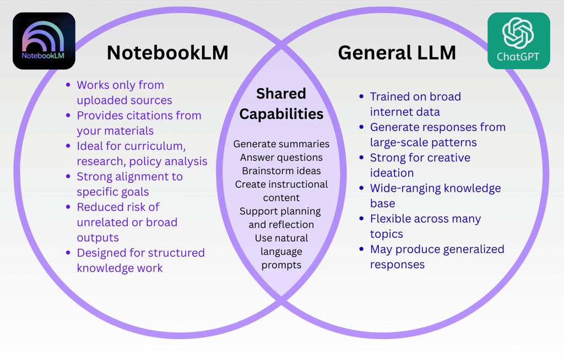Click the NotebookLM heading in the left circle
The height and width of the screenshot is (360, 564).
pyautogui.click(x=167, y=53)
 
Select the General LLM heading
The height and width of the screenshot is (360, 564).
pyautogui.click(x=397, y=53)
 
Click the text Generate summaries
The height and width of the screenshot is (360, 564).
pyautogui.click(x=281, y=144)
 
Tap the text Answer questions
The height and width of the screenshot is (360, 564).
pyautogui.click(x=281, y=157)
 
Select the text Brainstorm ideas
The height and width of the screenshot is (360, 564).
pyautogui.click(x=281, y=171)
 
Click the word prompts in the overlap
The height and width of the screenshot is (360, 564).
pyautogui.click(x=281, y=265)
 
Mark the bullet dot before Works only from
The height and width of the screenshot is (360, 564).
pyautogui.click(x=68, y=85)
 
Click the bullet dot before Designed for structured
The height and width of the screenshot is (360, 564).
pyautogui.click(x=68, y=253)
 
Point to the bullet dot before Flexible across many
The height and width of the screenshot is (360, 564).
pyautogui.click(x=361, y=219)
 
